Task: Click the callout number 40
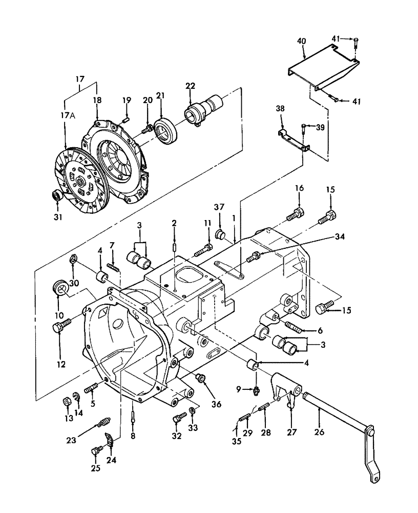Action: tap(302, 42)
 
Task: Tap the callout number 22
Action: tap(190, 86)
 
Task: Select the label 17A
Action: tap(68, 116)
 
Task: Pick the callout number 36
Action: tap(216, 404)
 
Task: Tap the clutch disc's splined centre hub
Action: tap(81, 180)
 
